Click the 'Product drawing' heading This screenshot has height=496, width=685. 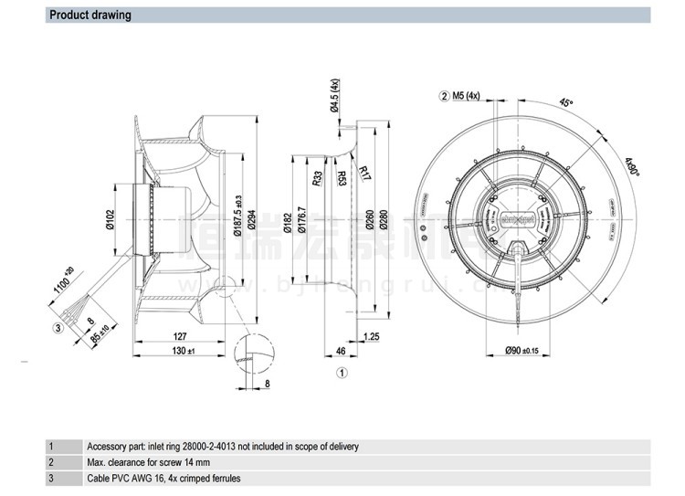tap(90, 16)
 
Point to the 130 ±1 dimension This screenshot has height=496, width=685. tap(183, 350)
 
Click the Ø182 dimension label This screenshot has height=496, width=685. tap(288, 222)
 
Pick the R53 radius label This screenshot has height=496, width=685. tap(342, 177)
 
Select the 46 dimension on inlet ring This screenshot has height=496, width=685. tap(341, 350)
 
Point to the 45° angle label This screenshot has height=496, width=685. tap(565, 103)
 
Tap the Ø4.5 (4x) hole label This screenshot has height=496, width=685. tap(335, 96)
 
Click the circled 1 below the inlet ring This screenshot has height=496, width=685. tap(341, 372)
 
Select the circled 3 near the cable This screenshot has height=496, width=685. tap(58, 327)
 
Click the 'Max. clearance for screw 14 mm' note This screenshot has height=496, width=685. tap(150, 462)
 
